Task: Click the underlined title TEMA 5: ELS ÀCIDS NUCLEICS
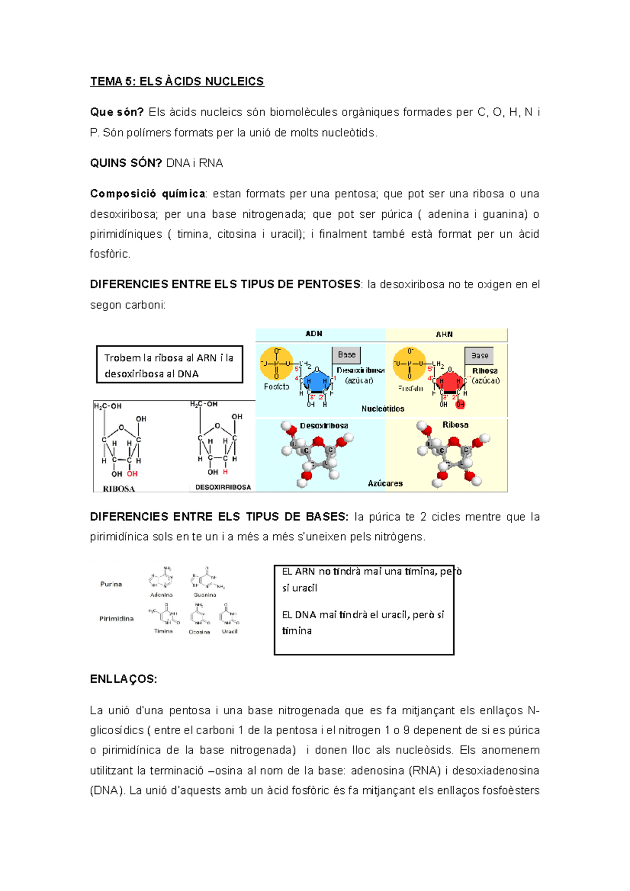coord(177,81)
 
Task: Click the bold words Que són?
coord(117,112)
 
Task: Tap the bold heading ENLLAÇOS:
coord(123,679)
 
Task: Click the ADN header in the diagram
coord(314,334)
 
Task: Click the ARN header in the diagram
coord(444,334)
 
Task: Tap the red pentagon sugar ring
coord(450,382)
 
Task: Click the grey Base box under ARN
coord(479,356)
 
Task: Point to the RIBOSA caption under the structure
coord(119,489)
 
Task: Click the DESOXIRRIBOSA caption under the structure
coord(223,487)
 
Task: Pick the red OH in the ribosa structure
coord(132,474)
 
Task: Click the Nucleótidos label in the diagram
coord(383,409)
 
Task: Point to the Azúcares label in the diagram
coord(385,483)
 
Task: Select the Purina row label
coord(111,584)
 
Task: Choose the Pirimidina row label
coord(117,619)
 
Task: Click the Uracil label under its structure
coord(229,631)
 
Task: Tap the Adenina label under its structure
coord(161,595)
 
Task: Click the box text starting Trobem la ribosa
coord(169,365)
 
